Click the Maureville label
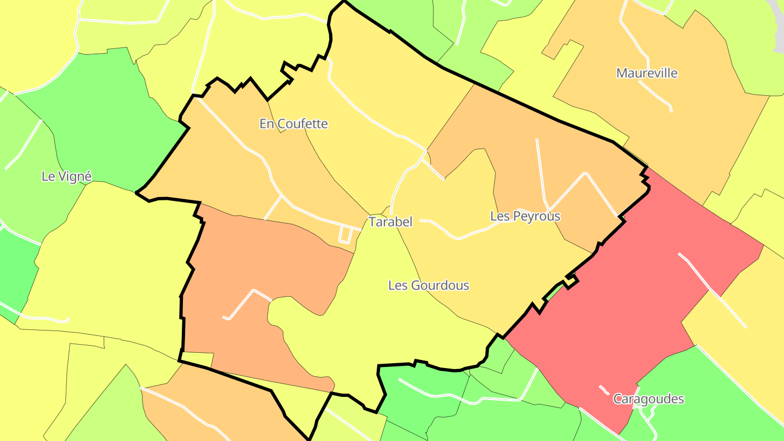point(647,73)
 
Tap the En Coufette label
point(293,124)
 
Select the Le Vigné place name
point(66,176)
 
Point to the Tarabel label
point(390,222)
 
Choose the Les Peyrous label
point(525,216)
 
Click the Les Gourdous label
point(428,285)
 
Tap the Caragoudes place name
point(648,399)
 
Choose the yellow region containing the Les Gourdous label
point(381,327)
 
